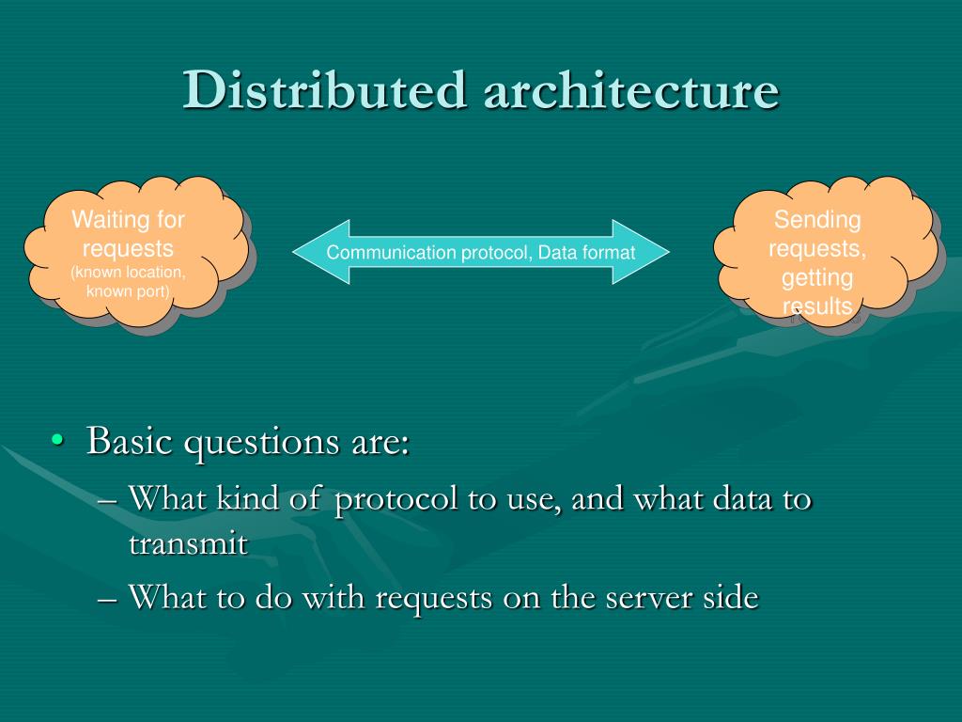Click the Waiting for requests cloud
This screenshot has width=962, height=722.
tap(132, 252)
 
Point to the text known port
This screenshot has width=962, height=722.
tap(128, 290)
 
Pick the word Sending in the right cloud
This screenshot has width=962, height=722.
tap(817, 220)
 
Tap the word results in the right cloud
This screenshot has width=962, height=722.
tap(817, 306)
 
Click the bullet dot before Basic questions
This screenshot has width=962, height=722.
tap(58, 441)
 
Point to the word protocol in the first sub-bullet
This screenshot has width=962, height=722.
tap(396, 498)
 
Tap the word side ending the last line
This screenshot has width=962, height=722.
tap(729, 597)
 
